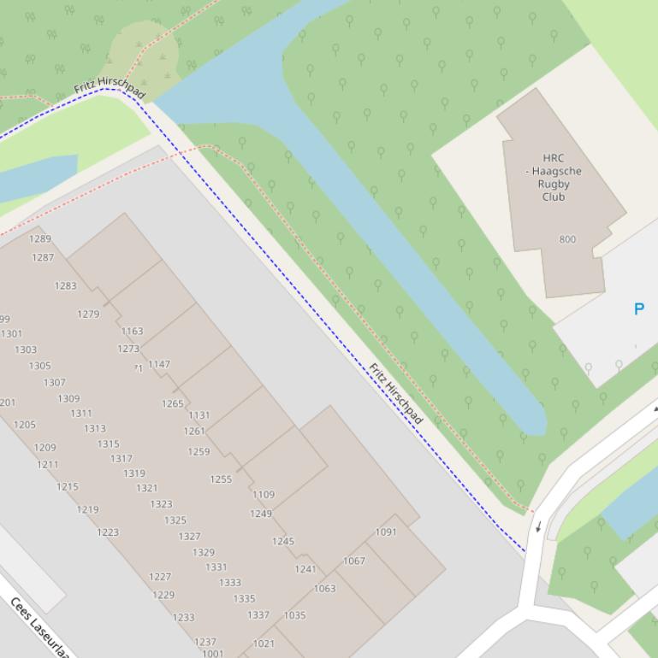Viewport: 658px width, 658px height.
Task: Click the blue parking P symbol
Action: (x=638, y=309)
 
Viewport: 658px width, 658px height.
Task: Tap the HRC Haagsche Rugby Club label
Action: (x=554, y=177)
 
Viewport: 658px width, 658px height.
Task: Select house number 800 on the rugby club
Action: (x=567, y=239)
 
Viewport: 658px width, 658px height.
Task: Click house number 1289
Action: (x=40, y=239)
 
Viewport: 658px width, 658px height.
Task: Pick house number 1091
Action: (x=386, y=532)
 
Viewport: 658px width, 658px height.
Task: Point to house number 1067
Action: (x=354, y=561)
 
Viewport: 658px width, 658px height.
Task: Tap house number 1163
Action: (x=133, y=332)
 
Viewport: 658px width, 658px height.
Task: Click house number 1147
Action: (x=159, y=364)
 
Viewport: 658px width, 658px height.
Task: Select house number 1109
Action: (x=264, y=495)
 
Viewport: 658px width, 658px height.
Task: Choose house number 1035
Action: (x=294, y=615)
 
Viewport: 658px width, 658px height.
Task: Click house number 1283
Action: (x=66, y=286)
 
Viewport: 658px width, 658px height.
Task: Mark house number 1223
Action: (x=108, y=532)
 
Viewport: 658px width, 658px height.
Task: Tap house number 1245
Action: (x=283, y=542)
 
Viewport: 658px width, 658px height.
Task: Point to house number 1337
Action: (x=258, y=615)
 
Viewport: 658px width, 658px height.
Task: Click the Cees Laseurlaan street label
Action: (x=38, y=627)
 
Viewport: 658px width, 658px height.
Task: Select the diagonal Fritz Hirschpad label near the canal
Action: (x=395, y=394)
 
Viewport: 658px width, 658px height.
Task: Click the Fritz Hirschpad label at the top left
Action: (x=110, y=88)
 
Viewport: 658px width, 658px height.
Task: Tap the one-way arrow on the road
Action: (x=538, y=526)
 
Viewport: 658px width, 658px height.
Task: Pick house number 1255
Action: (x=221, y=479)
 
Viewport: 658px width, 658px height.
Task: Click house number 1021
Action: (x=264, y=643)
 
